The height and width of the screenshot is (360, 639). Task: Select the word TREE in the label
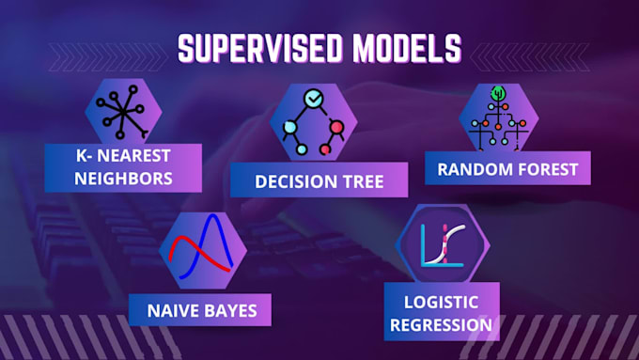click(361, 180)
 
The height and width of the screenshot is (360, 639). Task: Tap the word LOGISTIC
click(441, 303)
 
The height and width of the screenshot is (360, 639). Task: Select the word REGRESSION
click(441, 324)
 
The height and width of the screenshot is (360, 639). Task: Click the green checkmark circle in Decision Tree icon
click(313, 98)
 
